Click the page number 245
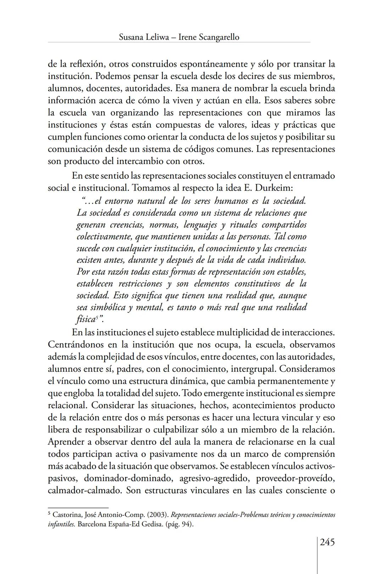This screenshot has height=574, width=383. (x=327, y=542)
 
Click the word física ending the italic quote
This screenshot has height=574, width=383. (x=85, y=319)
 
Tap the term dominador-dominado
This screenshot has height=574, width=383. (x=128, y=478)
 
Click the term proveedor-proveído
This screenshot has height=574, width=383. (x=295, y=478)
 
